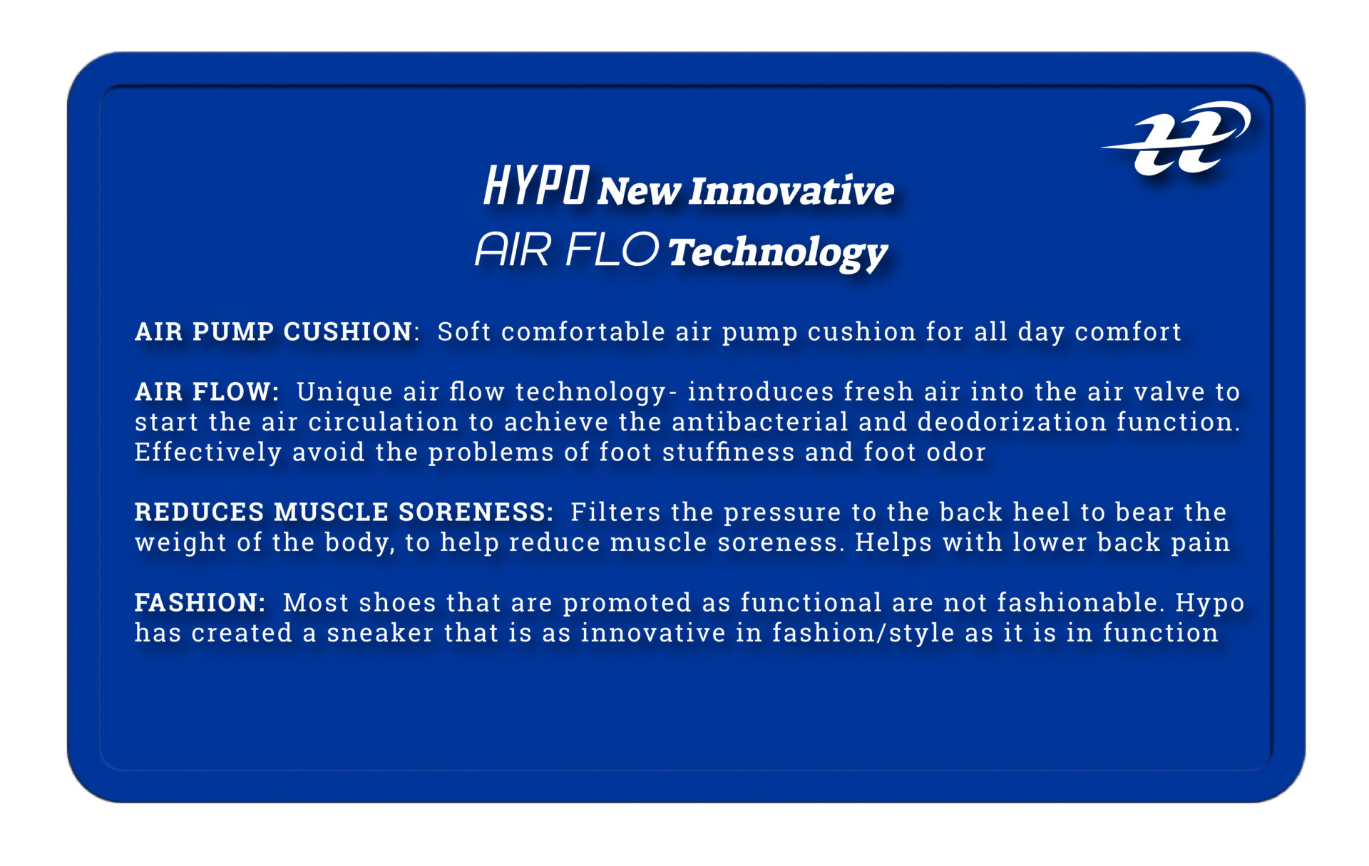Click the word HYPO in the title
(x=536, y=185)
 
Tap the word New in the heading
(x=639, y=191)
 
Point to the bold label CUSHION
(x=349, y=331)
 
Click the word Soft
(x=464, y=331)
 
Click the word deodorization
(x=1012, y=422)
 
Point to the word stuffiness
(x=728, y=452)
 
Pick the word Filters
(x=615, y=512)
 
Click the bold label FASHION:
(x=200, y=602)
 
